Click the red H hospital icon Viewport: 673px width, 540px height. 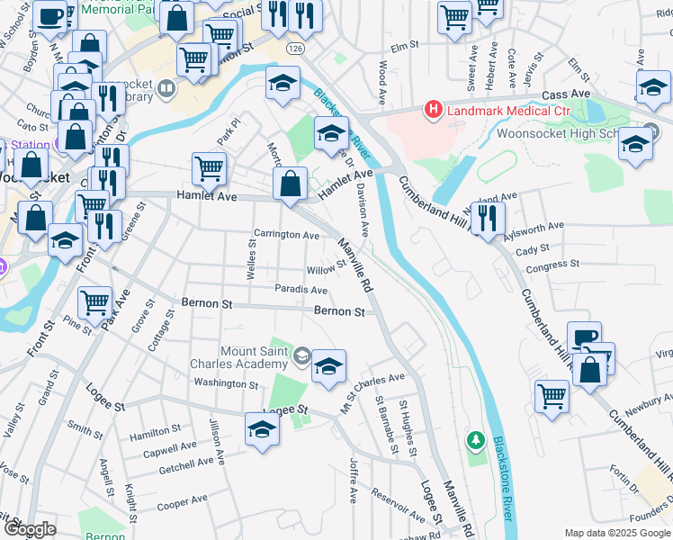pyautogui.click(x=434, y=111)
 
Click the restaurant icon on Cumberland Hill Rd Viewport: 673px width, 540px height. pyautogui.click(x=488, y=219)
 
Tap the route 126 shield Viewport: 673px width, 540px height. pyautogui.click(x=295, y=45)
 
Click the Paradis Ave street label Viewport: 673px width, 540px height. pyautogui.click(x=301, y=290)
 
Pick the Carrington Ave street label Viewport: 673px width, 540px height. pyautogui.click(x=286, y=236)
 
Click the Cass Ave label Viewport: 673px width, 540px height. pyautogui.click(x=567, y=94)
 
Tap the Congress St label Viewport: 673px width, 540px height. pyautogui.click(x=552, y=265)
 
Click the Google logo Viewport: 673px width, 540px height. pyautogui.click(x=30, y=529)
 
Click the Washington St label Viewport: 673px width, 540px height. pyautogui.click(x=226, y=384)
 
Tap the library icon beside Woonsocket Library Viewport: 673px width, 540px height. pyautogui.click(x=166, y=88)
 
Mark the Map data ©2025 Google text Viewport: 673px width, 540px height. pyautogui.click(x=616, y=533)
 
